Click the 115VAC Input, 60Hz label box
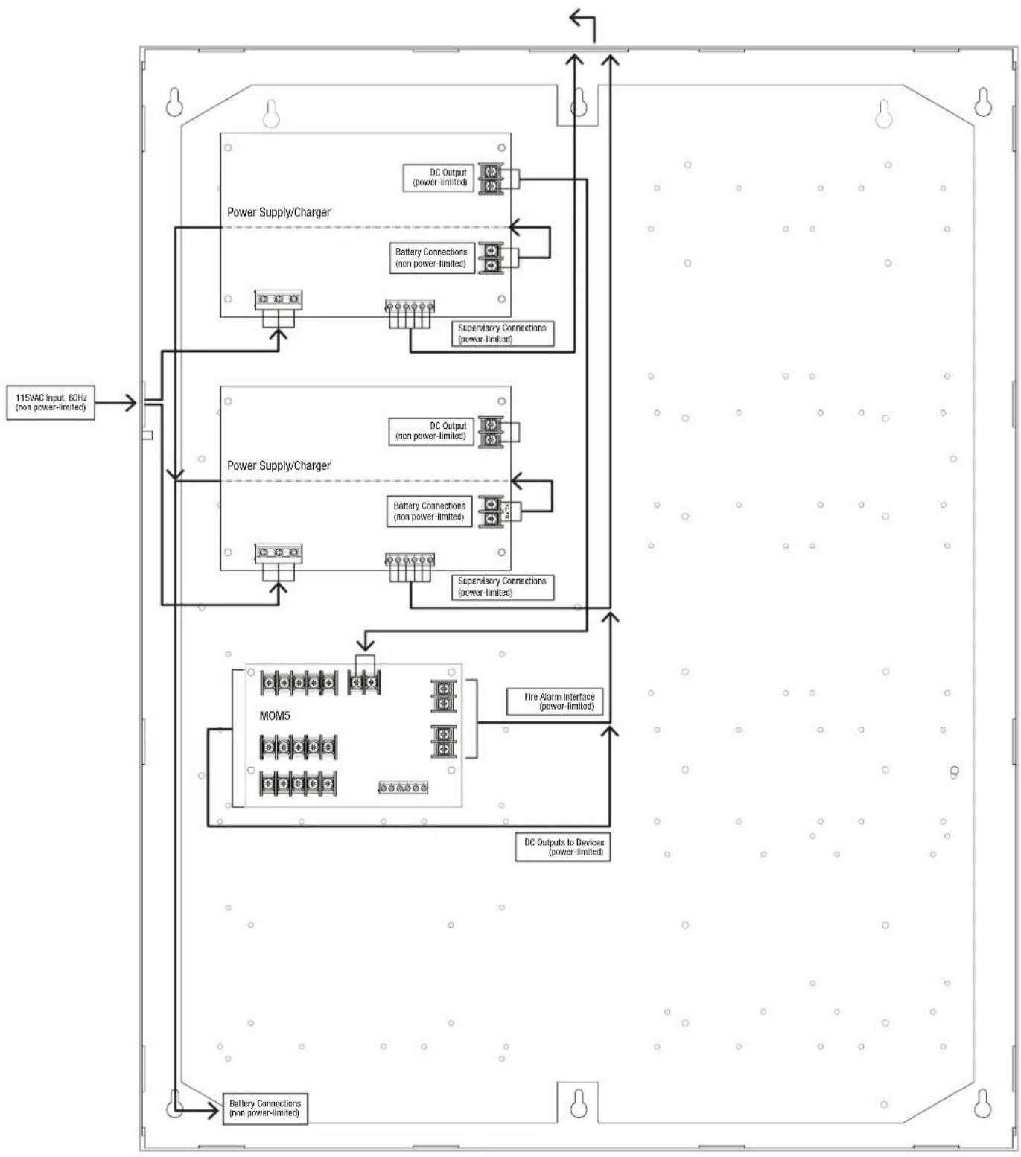(51, 403)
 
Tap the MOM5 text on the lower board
(275, 715)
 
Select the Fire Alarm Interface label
(555, 701)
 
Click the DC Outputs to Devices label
(563, 847)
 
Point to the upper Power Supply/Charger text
(279, 212)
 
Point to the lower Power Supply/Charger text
(279, 465)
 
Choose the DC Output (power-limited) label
(439, 177)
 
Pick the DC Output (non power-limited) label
(431, 431)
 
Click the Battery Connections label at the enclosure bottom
(265, 1109)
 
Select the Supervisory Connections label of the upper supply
(503, 334)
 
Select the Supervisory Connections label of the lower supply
(503, 587)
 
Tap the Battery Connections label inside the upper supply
(432, 258)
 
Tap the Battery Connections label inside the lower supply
(430, 511)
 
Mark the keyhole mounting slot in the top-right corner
(984, 103)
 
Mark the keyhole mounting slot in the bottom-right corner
(984, 1103)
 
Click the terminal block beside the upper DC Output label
(491, 179)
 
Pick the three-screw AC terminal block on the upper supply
(279, 299)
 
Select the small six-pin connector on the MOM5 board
(403, 787)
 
